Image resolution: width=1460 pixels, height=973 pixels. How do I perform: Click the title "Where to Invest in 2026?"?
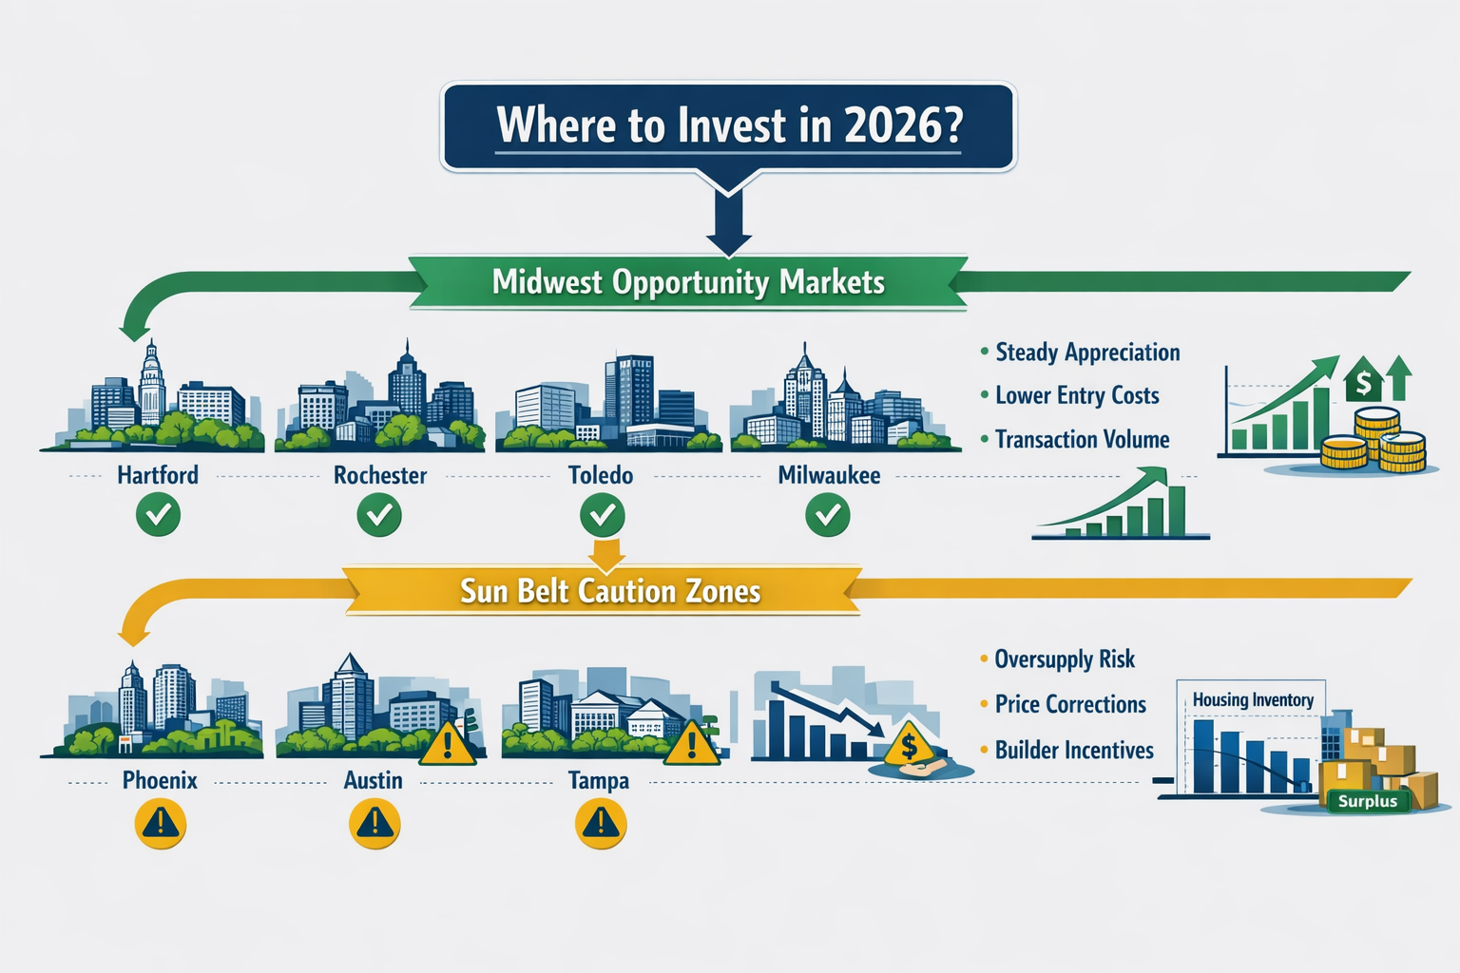point(729,125)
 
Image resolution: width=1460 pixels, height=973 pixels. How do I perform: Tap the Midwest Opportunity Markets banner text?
point(688,282)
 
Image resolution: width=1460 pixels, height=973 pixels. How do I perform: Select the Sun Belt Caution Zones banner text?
point(610,591)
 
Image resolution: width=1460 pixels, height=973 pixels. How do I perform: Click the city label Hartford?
point(158,475)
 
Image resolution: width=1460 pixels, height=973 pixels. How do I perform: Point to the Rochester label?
point(380,475)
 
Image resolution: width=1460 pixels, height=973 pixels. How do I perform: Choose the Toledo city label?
point(601,475)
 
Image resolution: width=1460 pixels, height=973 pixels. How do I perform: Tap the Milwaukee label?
point(829,475)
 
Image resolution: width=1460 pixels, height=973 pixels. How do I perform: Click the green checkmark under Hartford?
point(158,516)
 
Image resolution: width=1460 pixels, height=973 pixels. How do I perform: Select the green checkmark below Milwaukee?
point(828,516)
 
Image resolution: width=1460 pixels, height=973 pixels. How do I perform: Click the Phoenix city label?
point(160,781)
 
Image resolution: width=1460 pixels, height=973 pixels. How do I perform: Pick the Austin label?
point(374,781)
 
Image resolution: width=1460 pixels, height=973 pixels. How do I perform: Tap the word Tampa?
point(599,781)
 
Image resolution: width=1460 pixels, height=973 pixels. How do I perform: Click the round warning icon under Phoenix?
point(160,823)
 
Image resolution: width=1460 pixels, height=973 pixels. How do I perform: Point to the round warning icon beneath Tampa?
point(601,823)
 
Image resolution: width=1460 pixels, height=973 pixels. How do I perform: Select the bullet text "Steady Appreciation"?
point(1087,353)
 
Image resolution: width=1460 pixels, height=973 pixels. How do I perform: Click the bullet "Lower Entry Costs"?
point(1077,396)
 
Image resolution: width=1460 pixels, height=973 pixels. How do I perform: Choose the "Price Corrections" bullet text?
point(1070,705)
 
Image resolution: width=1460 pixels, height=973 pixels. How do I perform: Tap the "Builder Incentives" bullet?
point(1074,751)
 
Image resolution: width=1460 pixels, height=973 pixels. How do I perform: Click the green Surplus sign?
point(1368,801)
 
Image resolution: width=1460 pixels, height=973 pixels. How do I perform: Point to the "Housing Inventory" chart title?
point(1253,700)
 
